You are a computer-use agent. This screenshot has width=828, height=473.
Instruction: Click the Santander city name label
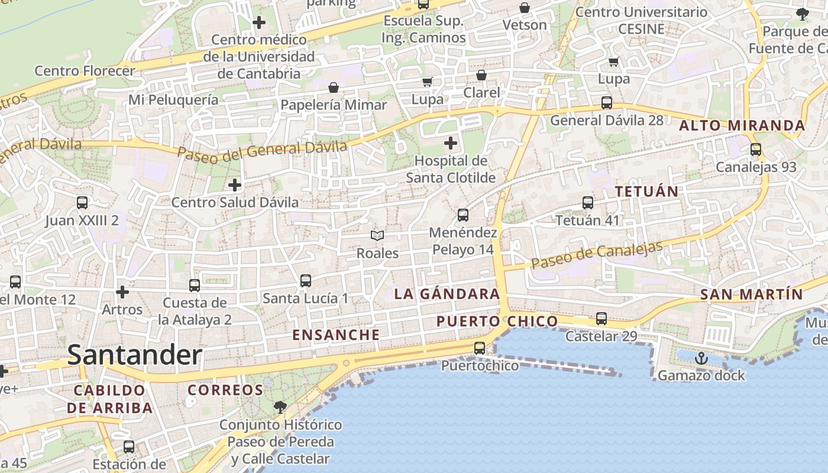pyautogui.click(x=135, y=355)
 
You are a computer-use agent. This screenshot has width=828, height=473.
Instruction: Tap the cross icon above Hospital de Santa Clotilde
pyautogui.click(x=451, y=143)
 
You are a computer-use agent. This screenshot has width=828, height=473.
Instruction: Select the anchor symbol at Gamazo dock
pyautogui.click(x=701, y=358)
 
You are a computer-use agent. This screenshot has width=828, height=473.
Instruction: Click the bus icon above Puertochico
pyautogui.click(x=480, y=348)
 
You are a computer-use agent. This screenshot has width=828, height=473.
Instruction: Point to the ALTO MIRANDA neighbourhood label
pyautogui.click(x=742, y=125)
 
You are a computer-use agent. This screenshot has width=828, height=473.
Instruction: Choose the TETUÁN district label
pyautogui.click(x=646, y=192)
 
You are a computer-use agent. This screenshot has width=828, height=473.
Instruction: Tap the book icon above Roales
pyautogui.click(x=377, y=235)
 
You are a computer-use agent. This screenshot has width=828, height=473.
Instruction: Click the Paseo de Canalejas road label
pyautogui.click(x=597, y=255)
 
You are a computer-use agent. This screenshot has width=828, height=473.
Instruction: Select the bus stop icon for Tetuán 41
pyautogui.click(x=587, y=203)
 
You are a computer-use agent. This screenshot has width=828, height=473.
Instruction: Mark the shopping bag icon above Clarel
pyautogui.click(x=481, y=75)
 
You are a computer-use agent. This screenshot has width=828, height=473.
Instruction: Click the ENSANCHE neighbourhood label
pyautogui.click(x=336, y=335)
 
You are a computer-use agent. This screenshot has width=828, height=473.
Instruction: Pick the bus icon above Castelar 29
pyautogui.click(x=601, y=319)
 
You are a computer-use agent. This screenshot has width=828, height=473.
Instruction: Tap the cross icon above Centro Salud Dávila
pyautogui.click(x=235, y=185)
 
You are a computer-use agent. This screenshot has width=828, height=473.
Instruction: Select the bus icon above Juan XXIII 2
pyautogui.click(x=82, y=203)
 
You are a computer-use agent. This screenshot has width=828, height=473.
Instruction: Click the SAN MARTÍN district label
pyautogui.click(x=751, y=294)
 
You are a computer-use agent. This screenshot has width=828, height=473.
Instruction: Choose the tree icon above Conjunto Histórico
pyautogui.click(x=280, y=407)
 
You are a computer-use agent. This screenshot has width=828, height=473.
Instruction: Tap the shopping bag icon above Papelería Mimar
pyautogui.click(x=334, y=88)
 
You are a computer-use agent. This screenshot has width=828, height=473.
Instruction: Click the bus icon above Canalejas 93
pyautogui.click(x=756, y=150)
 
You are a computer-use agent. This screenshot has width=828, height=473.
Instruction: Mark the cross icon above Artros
pyautogui.click(x=122, y=292)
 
